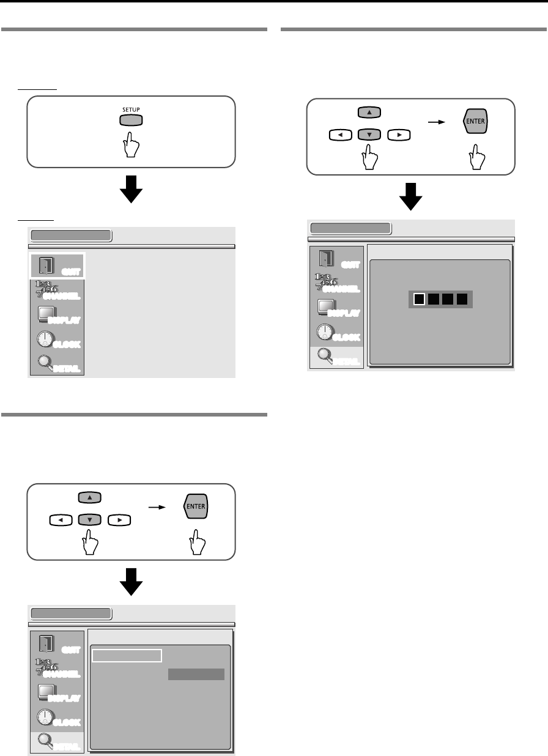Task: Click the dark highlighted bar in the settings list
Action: [196, 674]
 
